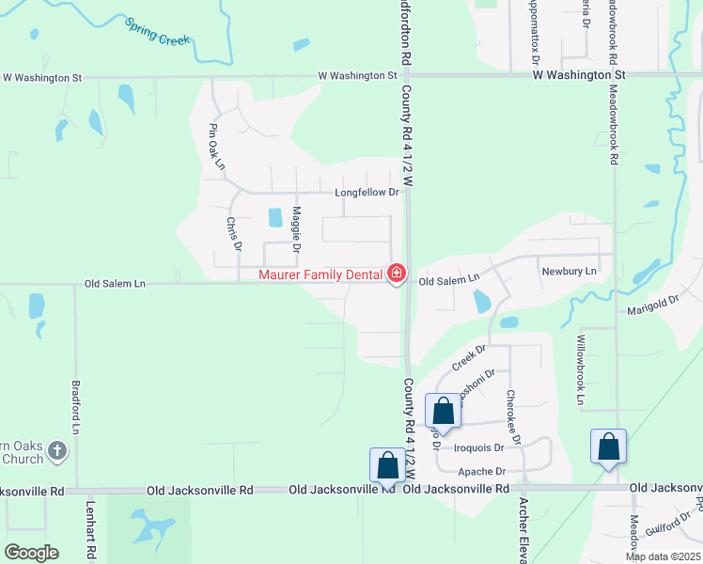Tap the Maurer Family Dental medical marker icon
pyautogui.click(x=397, y=274)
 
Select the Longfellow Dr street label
pyautogui.click(x=367, y=193)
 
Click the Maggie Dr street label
pyautogui.click(x=296, y=229)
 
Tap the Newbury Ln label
pyautogui.click(x=570, y=271)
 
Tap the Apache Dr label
pyautogui.click(x=481, y=471)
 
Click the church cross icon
pyautogui.click(x=56, y=451)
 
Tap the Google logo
pyautogui.click(x=31, y=552)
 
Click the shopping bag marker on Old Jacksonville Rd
pyautogui.click(x=387, y=465)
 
